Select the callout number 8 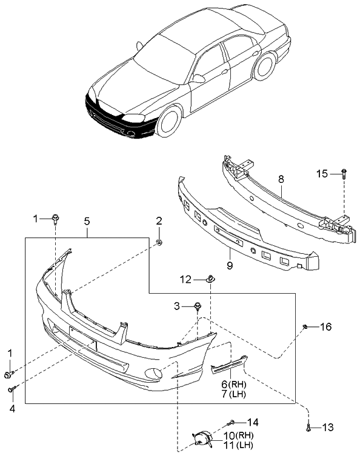click(281, 179)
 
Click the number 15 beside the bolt click(322, 174)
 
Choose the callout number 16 click(326, 327)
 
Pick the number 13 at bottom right click(327, 428)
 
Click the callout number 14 click(253, 422)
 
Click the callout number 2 click(159, 221)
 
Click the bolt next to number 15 click(344, 173)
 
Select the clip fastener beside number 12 click(209, 279)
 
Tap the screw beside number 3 click(198, 306)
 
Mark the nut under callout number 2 click(159, 243)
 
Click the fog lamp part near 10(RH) click(202, 438)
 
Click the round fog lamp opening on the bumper click(152, 375)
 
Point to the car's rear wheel click(265, 67)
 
